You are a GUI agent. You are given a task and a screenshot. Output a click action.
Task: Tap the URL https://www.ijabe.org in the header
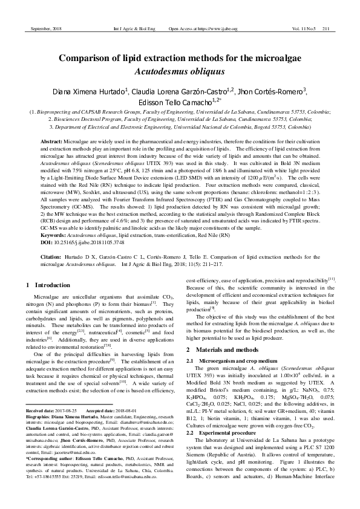[215, 28]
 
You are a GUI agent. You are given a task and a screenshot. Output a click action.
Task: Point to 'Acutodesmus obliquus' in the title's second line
[180, 71]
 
